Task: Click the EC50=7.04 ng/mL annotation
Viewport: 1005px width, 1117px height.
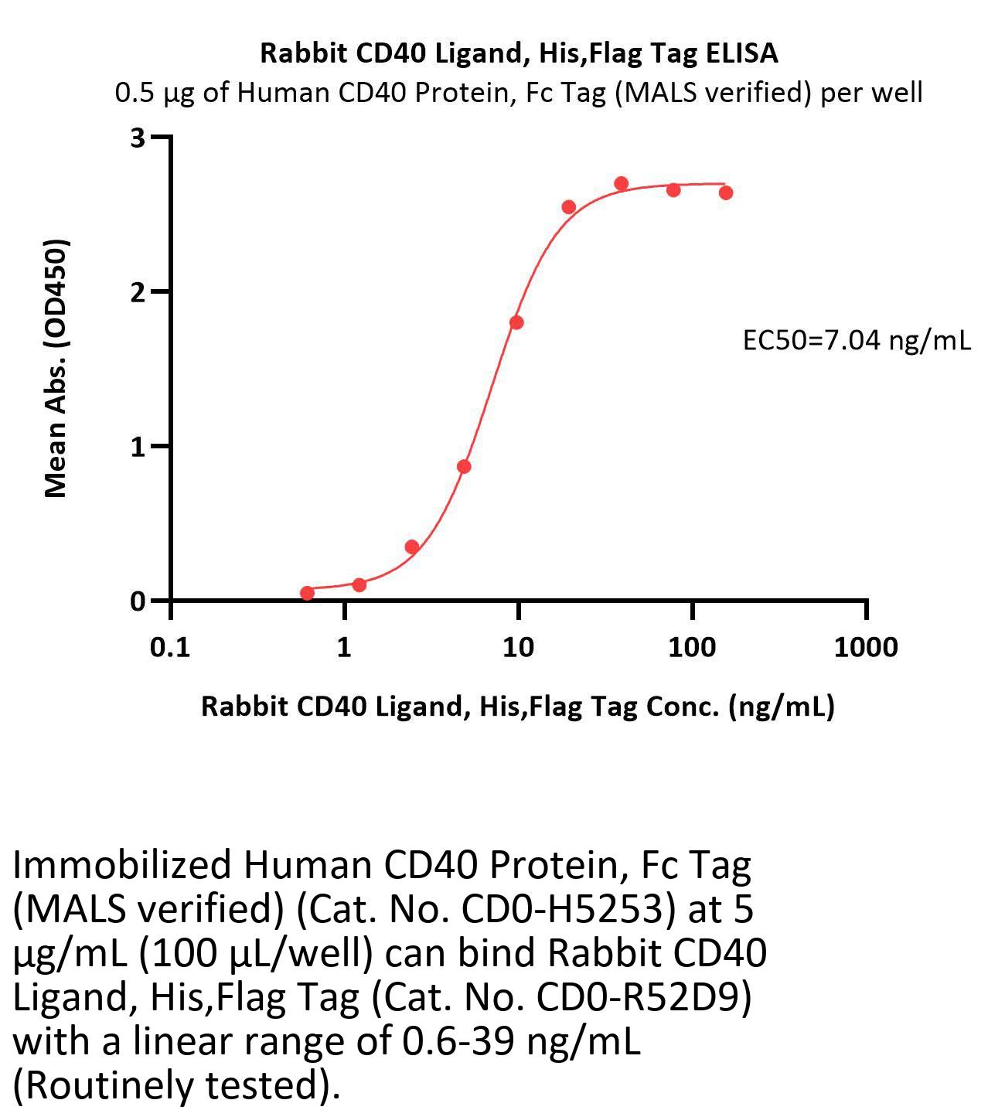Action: click(857, 340)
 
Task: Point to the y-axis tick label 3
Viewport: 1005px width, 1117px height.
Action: click(138, 138)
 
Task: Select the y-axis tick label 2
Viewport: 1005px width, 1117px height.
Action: click(138, 292)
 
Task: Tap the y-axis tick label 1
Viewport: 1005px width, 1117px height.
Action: click(138, 447)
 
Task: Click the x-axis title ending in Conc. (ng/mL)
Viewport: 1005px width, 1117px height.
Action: click(518, 706)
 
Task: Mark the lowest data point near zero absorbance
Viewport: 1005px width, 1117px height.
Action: click(307, 593)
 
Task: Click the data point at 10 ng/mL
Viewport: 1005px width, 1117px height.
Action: click(516, 322)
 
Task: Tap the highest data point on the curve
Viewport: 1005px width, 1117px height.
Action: click(621, 184)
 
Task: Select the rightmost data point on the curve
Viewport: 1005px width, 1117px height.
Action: click(726, 192)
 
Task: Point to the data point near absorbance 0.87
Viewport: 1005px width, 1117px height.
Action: click(464, 467)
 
